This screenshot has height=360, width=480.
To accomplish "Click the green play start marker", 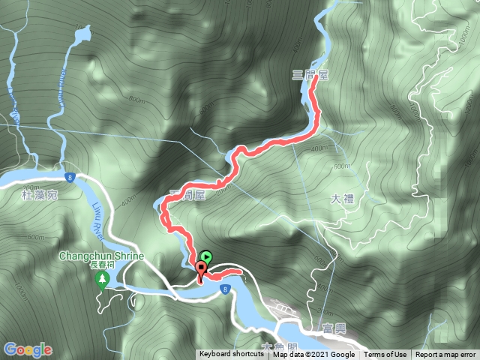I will [x=205, y=256].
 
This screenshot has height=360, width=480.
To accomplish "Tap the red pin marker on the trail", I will [x=201, y=271].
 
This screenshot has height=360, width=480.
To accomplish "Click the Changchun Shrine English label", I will [x=101, y=255].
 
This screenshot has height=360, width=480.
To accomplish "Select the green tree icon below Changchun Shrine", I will [x=101, y=280].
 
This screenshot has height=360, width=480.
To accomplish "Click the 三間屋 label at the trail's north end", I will [x=310, y=75].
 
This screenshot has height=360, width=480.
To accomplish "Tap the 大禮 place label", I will [x=341, y=199].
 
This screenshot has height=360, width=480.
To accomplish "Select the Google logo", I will [x=28, y=349].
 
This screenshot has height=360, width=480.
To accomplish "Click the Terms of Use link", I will [x=385, y=355].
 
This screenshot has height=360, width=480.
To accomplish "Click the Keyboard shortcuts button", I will [x=231, y=355].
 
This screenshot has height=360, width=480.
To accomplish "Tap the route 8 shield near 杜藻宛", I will [x=69, y=178].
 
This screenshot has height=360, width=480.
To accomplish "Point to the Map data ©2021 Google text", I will [x=313, y=355].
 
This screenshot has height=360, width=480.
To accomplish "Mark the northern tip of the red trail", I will [x=312, y=85].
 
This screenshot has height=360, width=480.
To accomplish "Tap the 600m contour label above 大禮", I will [x=343, y=166].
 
